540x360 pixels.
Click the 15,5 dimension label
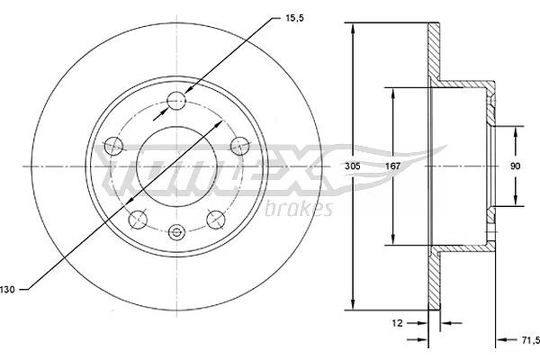[294, 19]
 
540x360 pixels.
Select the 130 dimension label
[7, 290]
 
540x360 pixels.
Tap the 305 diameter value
[353, 166]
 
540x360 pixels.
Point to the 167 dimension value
[392, 166]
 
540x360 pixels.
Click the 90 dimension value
[515, 166]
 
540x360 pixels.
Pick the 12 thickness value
[397, 323]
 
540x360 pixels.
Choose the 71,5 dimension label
[530, 340]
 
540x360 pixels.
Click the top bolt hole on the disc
[176, 101]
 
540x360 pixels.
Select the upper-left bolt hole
[113, 146]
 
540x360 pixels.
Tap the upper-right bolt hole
[239, 146]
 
